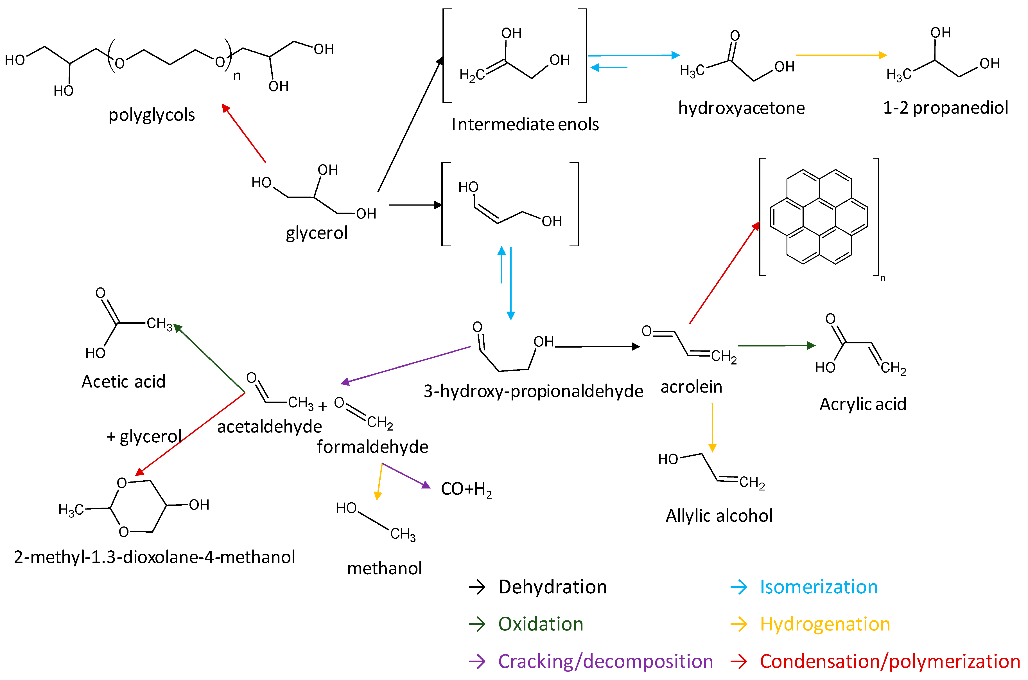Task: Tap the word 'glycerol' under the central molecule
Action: (x=316, y=233)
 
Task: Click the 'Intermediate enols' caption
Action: (x=525, y=125)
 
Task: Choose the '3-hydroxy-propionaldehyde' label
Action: (x=533, y=391)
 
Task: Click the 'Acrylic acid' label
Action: (x=862, y=404)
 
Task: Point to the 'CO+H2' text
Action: (x=466, y=489)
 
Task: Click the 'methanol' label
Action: (x=385, y=568)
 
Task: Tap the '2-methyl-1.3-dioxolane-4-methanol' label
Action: (x=154, y=557)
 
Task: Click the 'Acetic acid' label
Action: (x=123, y=382)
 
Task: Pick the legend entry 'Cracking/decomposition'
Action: (x=605, y=661)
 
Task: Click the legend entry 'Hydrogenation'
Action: (x=825, y=624)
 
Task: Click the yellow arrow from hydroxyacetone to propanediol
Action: (x=841, y=55)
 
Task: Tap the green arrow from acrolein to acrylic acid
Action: (x=776, y=346)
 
